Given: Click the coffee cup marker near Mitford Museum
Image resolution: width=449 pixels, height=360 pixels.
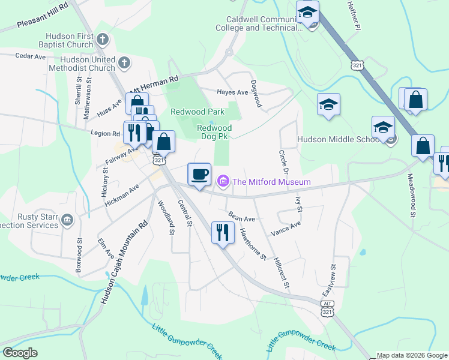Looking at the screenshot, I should click(x=199, y=174).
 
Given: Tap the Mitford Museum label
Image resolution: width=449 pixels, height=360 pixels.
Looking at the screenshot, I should click(x=271, y=182).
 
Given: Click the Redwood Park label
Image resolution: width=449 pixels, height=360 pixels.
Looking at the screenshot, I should click(x=197, y=112).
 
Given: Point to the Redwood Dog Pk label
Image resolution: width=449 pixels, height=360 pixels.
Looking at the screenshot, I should click(x=214, y=133).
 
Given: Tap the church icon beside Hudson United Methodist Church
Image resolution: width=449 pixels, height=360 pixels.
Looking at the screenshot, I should click(x=124, y=62).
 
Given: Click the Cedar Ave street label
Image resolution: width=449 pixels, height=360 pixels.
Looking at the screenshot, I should click(x=31, y=56).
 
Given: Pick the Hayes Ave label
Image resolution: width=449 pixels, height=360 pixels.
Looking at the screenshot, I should click(x=232, y=92).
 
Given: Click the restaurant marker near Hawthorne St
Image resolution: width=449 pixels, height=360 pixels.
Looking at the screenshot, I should click(x=222, y=232).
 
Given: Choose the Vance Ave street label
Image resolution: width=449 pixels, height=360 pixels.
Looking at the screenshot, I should click(x=285, y=228).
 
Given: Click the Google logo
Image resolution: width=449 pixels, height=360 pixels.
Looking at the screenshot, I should click(x=20, y=353).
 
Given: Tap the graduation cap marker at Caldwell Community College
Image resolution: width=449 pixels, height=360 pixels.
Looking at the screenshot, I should click(x=307, y=13).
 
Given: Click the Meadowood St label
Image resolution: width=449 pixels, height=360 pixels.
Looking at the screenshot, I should click(x=411, y=197).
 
